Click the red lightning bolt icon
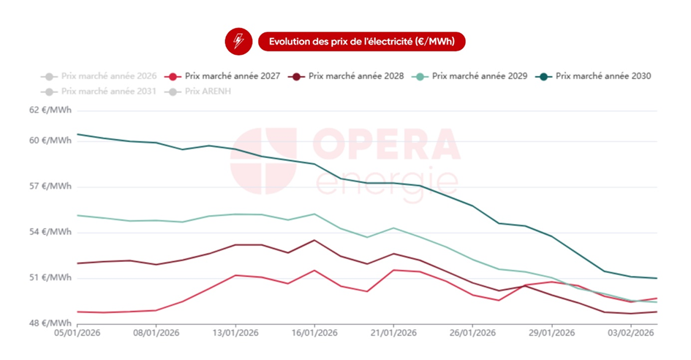[238, 42]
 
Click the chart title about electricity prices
[361, 42]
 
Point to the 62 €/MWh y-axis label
[51, 110]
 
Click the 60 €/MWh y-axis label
[51, 140]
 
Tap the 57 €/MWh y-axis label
[51, 187]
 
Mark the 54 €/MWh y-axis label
[51, 233]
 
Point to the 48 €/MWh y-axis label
[51, 323]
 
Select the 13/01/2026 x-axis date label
[235, 333]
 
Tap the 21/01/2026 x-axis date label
[393, 333]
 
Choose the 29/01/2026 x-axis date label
[551, 333]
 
